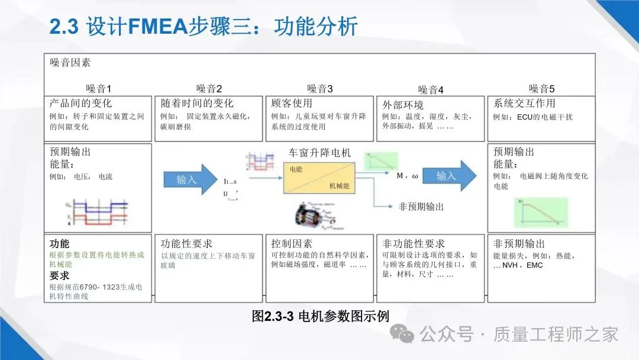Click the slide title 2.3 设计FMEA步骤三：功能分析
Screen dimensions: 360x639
[x=204, y=27]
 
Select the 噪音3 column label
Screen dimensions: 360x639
[x=319, y=89]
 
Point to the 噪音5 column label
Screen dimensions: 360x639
[x=541, y=89]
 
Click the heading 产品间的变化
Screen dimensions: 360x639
[x=81, y=103]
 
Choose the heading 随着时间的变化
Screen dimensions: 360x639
[x=197, y=103]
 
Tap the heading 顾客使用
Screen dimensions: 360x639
[x=292, y=103]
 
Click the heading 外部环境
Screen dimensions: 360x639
[x=403, y=105]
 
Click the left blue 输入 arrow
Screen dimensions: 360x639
[x=189, y=179]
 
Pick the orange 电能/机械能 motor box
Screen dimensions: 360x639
[x=319, y=177]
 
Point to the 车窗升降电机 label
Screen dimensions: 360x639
[x=319, y=153]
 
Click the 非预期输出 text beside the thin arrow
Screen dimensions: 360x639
[x=421, y=207]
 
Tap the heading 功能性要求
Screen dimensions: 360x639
[x=186, y=243]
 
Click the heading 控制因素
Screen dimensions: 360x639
[x=292, y=243]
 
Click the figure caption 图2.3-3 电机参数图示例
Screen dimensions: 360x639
[x=320, y=316]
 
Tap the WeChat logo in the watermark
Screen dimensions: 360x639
[x=406, y=335]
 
